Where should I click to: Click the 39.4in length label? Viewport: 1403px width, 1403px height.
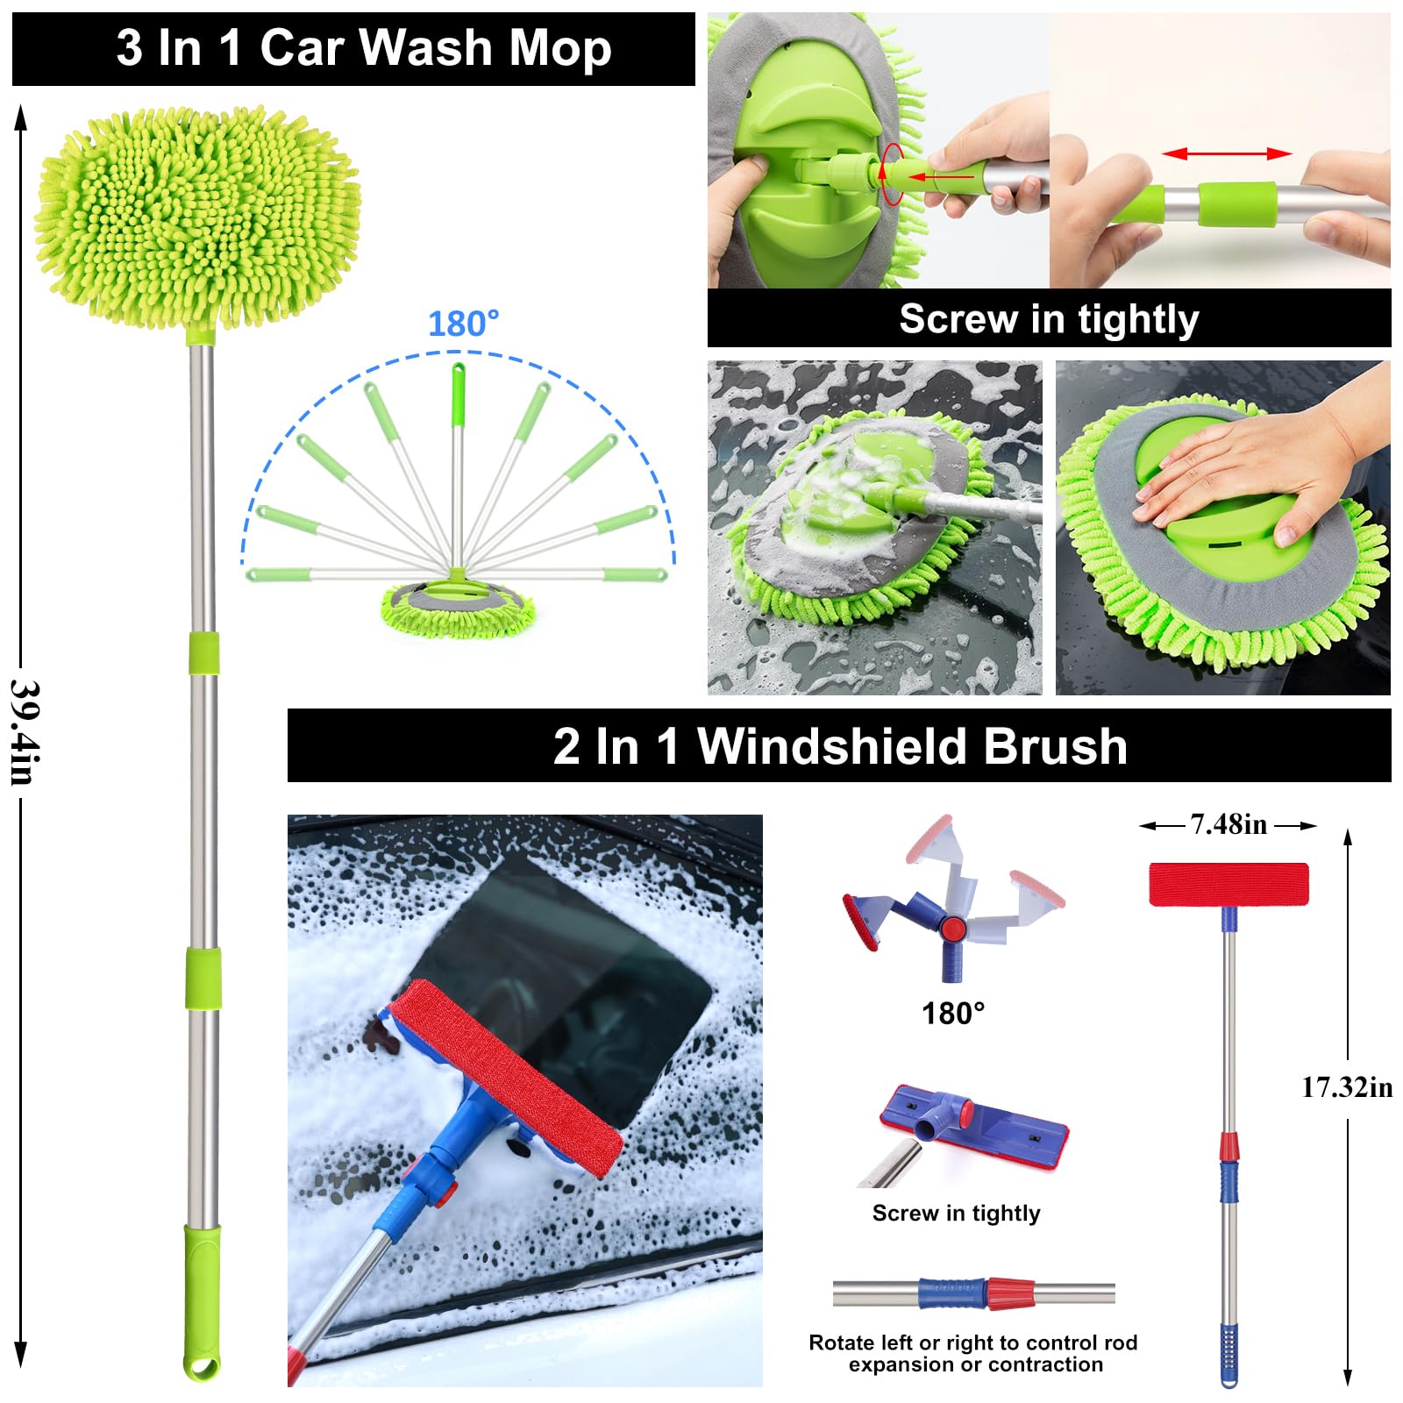pos(23,732)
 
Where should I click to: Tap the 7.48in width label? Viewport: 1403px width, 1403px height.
pos(1228,824)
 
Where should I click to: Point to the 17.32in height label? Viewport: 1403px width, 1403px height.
pos(1347,1087)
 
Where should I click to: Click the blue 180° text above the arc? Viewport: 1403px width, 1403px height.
pos(463,324)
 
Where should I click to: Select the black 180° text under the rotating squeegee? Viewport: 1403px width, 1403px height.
pos(953,1014)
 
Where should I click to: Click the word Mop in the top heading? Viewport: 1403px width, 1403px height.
pos(560,47)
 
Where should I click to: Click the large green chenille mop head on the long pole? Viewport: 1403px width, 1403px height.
pos(198,216)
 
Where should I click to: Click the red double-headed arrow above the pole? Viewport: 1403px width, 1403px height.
pos(1227,153)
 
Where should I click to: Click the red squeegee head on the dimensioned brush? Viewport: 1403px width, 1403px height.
pos(1229,884)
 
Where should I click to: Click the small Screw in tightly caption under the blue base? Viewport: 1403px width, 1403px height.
pos(956,1213)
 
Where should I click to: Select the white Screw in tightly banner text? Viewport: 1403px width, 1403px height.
pos(1049,319)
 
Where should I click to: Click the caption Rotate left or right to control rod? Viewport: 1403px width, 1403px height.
pos(972,1342)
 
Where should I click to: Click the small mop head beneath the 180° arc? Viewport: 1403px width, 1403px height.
pos(458,608)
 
